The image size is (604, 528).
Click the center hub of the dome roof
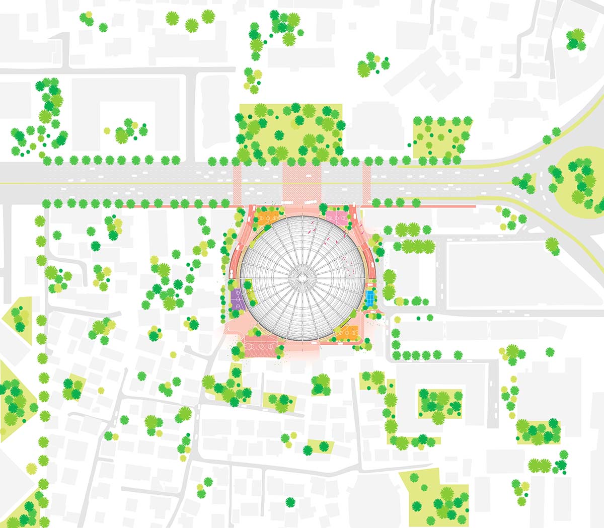coord(303,277)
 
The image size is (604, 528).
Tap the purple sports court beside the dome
coord(237,299)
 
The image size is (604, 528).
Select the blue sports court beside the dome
coord(370,298)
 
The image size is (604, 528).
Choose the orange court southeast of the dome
coord(347,332)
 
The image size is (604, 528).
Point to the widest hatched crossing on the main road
coord(301,183)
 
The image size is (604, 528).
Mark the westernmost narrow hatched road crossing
coord(238,183)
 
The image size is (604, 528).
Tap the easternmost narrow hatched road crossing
coord(366,183)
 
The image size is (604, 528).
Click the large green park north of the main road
coord(290,132)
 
